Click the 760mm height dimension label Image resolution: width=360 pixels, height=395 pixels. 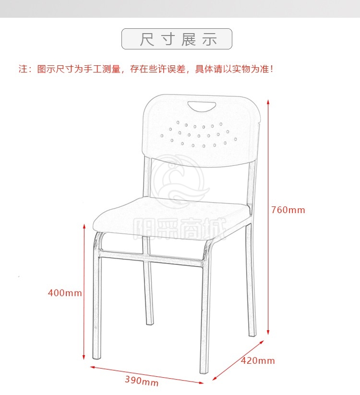(288, 210)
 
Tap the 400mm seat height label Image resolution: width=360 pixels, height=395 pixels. (65, 293)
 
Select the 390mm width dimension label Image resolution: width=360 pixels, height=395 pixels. (142, 381)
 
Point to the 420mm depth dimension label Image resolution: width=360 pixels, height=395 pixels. (258, 360)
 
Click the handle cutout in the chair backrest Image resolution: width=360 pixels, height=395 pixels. (202, 106)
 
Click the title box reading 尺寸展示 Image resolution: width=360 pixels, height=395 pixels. (177, 39)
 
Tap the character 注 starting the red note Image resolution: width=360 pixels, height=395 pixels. (23, 69)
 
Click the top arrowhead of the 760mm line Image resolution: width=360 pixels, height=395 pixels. (268, 102)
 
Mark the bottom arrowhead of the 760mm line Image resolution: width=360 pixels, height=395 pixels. (268, 332)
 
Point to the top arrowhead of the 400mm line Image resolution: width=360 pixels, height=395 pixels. (84, 226)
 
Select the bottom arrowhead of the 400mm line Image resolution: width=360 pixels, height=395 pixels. (84, 357)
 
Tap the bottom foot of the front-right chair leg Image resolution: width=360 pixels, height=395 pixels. (204, 371)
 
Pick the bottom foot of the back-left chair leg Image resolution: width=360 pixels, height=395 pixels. (150, 323)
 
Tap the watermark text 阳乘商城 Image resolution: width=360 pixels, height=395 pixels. (180, 228)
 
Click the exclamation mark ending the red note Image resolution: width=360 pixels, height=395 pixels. (272, 69)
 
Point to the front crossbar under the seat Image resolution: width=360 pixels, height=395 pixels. (151, 257)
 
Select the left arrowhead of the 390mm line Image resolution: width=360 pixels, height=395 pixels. (93, 367)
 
